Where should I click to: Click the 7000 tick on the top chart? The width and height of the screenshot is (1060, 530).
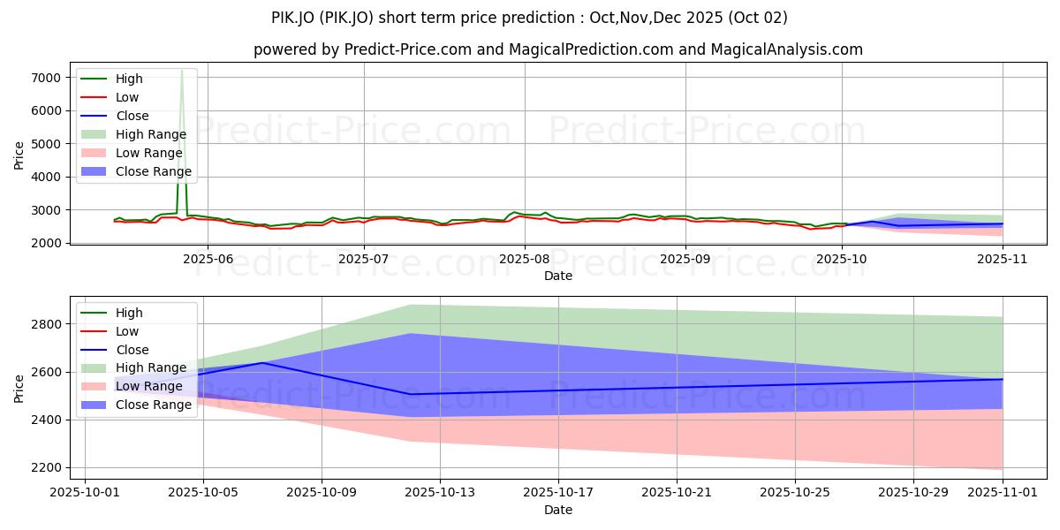(45, 78)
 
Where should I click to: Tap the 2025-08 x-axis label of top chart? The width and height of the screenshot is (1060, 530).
(525, 259)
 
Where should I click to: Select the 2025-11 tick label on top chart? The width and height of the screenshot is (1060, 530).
(1003, 259)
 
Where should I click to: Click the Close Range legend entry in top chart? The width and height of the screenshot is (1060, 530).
(153, 171)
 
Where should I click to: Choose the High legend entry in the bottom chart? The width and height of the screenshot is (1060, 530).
(129, 313)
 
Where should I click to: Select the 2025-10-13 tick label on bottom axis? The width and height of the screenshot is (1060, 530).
(440, 493)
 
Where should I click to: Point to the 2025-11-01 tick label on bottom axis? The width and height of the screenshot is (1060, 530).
(1003, 493)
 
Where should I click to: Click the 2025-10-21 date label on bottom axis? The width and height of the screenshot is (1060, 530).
(677, 493)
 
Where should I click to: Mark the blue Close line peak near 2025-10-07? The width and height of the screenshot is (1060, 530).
(262, 363)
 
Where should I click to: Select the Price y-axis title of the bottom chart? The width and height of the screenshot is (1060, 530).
(19, 388)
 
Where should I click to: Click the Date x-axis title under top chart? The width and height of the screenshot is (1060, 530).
(558, 276)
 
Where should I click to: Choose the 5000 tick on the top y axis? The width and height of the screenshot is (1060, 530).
(45, 143)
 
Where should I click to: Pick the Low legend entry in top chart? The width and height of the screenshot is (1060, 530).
(127, 97)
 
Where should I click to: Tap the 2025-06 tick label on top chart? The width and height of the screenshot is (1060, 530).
(205, 259)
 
